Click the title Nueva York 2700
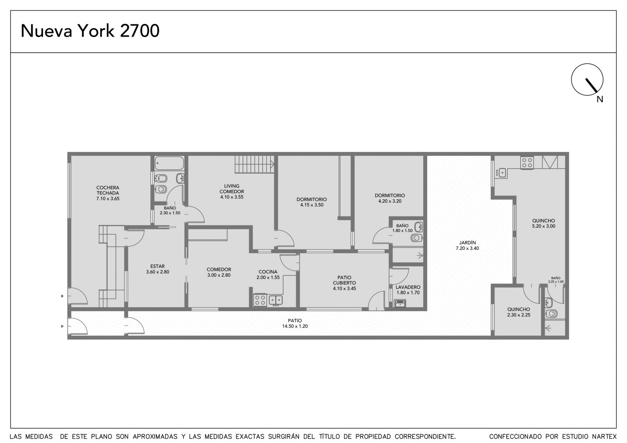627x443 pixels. coord(90,31)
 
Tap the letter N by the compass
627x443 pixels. coord(600,99)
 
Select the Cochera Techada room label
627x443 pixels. coord(108,193)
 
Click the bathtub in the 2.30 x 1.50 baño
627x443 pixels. coord(169,163)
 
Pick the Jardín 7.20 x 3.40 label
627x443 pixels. coord(467,245)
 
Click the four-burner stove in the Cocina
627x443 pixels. coord(260,300)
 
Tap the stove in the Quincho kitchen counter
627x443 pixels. coord(527,163)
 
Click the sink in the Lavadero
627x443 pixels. coord(400,303)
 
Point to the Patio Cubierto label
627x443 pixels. coord(344,283)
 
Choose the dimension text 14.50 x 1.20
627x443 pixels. coord(295,326)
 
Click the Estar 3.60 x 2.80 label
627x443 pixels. coord(158,269)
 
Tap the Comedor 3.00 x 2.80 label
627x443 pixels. coord(219,272)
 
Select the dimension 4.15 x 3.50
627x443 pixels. coord(312,205)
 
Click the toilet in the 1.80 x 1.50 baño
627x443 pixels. coord(417,238)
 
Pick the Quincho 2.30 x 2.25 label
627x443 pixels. coord(519,312)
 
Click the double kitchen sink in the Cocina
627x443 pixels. coord(276,300)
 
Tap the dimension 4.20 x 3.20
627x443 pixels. coord(390,201)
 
